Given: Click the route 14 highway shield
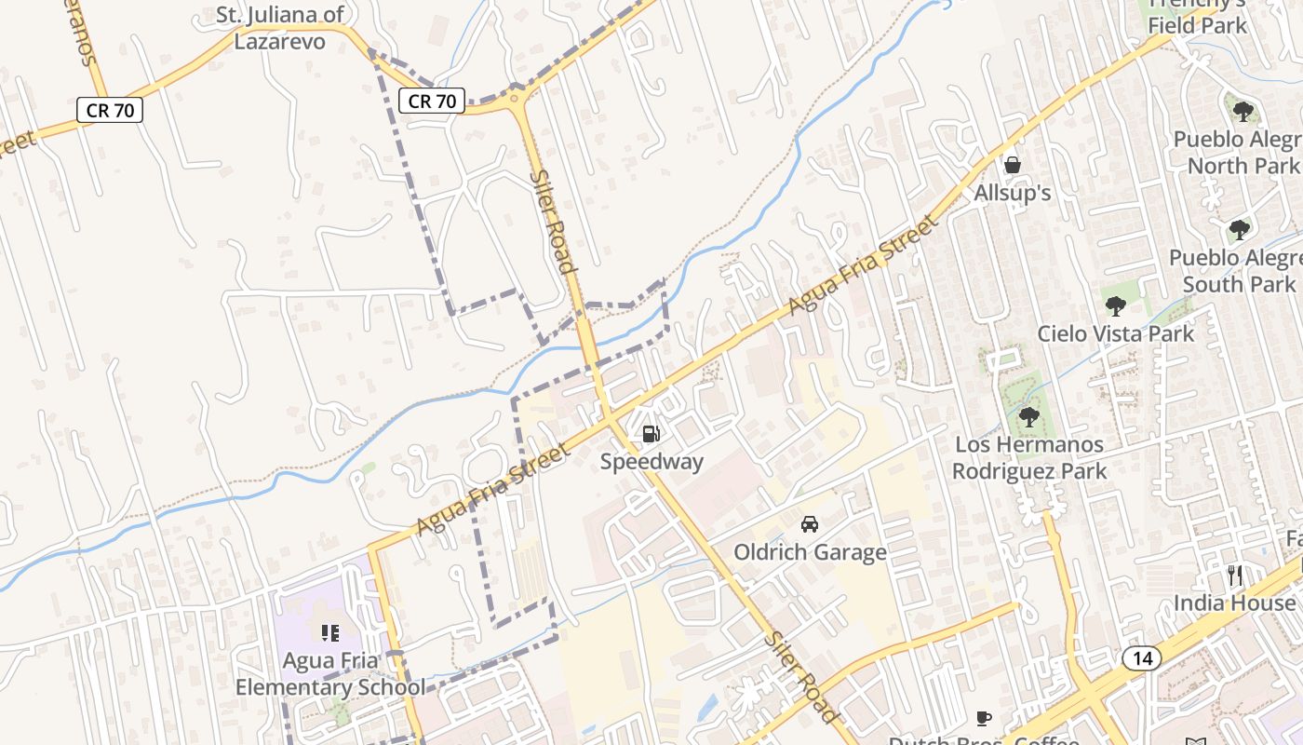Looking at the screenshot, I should coord(1142,658).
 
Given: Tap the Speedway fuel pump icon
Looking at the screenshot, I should coord(651,433).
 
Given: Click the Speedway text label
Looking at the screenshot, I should coord(651,462).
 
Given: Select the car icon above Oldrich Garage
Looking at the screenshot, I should coord(810,524).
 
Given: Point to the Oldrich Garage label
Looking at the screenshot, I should coord(810,552).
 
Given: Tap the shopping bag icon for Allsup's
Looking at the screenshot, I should coord(1013,165).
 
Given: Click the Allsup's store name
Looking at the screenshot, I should coord(1013,193).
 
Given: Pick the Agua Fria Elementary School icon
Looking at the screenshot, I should coord(329,633).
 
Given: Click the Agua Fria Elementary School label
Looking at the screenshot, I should coord(329,674).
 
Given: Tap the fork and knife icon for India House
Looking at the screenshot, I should coord(1235,576).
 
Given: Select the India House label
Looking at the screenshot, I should coord(1234,603).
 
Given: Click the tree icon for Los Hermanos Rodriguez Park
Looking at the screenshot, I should coord(1028,416).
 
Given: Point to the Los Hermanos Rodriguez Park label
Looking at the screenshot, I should coord(1029,457).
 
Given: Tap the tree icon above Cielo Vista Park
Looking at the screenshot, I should coord(1115,305).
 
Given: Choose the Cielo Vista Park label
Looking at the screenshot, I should coord(1116,333).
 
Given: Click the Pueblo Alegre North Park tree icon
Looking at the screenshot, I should coord(1243,112).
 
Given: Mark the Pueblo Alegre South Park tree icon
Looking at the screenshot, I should coord(1239,229).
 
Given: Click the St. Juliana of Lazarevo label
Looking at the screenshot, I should coord(279,28).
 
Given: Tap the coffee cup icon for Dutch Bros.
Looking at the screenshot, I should coord(984,718).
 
